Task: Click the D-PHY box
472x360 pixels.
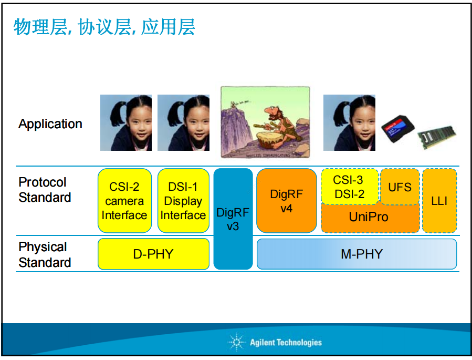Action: click(153, 254)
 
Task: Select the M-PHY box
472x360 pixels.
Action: click(356, 254)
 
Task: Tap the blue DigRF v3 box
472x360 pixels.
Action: click(233, 219)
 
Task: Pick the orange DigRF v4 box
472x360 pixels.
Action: click(287, 201)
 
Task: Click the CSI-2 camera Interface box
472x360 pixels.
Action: click(124, 201)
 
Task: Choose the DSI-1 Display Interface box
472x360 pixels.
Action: click(183, 201)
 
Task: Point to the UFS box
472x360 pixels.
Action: click(400, 187)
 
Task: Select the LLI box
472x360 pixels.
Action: click(439, 201)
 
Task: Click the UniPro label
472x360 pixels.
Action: click(369, 217)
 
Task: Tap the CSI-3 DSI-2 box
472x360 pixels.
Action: click(350, 187)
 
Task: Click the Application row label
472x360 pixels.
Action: click(50, 124)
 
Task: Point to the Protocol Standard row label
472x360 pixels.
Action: click(45, 190)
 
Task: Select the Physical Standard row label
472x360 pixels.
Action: click(45, 254)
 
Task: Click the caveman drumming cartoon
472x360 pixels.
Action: click(265, 122)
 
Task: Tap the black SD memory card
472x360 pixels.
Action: click(397, 129)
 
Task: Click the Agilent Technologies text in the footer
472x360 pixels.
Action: click(286, 343)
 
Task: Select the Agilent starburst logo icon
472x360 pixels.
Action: click(237, 342)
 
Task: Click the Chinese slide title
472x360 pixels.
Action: click(104, 27)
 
